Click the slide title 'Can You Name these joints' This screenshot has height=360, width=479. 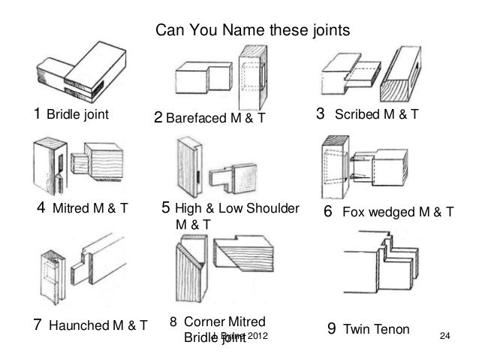[252, 32]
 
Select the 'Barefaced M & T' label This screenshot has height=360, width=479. [215, 117]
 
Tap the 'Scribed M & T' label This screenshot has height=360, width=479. [376, 116]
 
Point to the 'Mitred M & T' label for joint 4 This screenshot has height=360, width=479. [84, 208]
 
